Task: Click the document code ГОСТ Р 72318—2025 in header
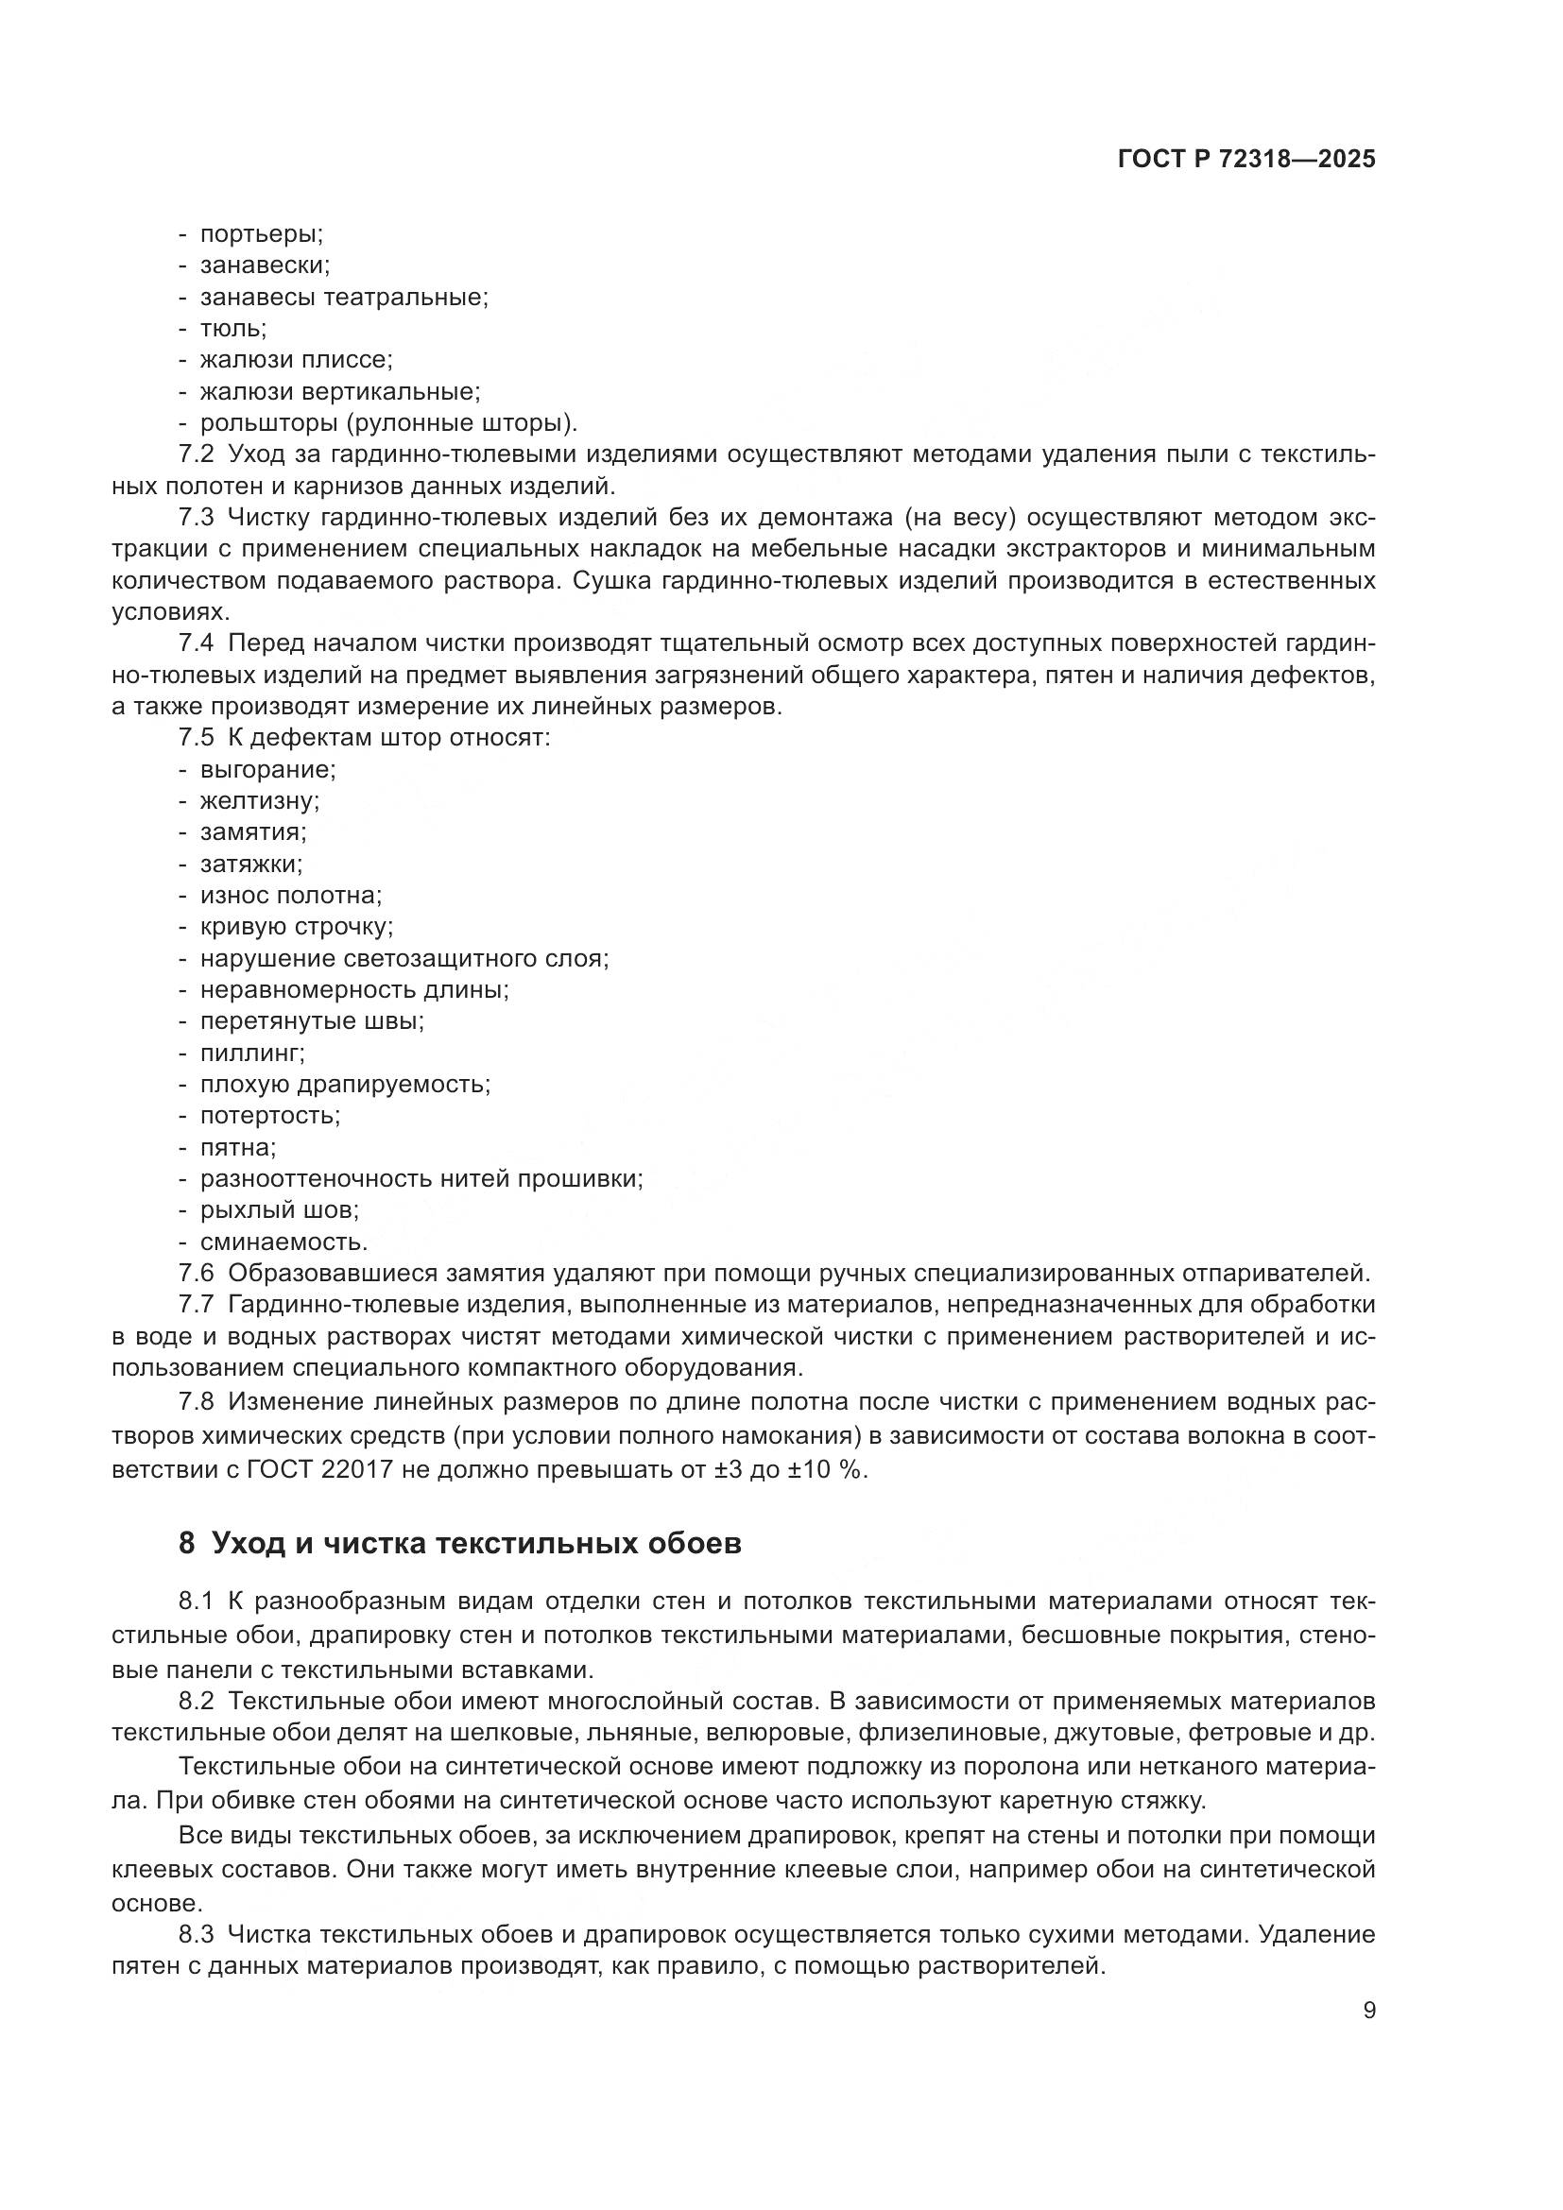[x=1246, y=160]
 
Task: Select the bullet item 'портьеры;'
[x=261, y=234]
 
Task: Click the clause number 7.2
[x=197, y=454]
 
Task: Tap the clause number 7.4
[x=197, y=643]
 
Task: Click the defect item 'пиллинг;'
[x=252, y=1052]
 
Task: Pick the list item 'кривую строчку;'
[x=296, y=926]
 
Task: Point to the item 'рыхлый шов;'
[x=279, y=1210]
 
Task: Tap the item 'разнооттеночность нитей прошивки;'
[x=421, y=1178]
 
